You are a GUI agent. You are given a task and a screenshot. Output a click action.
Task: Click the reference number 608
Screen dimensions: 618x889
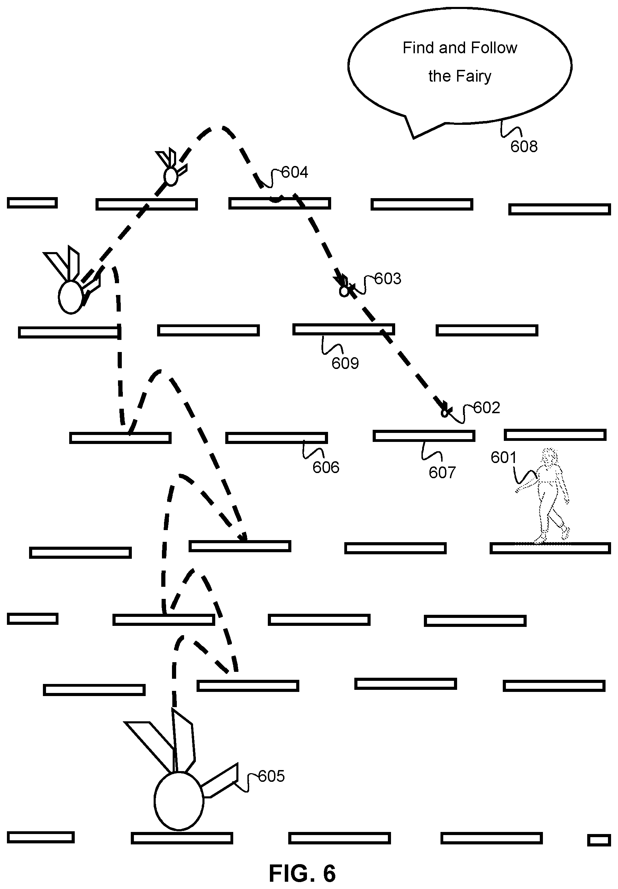[524, 147]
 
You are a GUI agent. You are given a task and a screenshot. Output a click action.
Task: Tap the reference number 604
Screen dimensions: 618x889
[295, 172]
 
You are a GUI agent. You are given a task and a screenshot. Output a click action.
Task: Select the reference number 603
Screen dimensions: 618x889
[388, 279]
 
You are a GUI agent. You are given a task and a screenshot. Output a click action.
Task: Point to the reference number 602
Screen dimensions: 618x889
[487, 408]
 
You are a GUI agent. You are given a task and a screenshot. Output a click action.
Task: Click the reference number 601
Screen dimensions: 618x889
[504, 458]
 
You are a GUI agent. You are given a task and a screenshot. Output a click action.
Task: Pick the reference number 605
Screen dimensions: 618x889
[271, 776]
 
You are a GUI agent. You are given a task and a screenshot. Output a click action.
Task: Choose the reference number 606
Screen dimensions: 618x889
[326, 468]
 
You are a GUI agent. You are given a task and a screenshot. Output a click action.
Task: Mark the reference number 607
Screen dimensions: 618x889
[442, 473]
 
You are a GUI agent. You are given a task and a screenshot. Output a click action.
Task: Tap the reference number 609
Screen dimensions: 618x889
[345, 363]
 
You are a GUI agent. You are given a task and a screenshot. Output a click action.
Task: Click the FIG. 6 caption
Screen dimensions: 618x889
[302, 873]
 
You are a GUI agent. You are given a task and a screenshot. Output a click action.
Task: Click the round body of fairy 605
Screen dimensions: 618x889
[179, 801]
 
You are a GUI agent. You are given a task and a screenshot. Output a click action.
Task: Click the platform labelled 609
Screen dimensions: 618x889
[344, 329]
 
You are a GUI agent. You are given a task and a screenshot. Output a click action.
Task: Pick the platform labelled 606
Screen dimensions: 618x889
[276, 437]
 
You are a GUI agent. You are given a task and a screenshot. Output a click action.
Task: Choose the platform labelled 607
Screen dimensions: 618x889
[424, 436]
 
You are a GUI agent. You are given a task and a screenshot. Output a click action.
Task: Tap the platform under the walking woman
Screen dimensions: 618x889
[550, 548]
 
